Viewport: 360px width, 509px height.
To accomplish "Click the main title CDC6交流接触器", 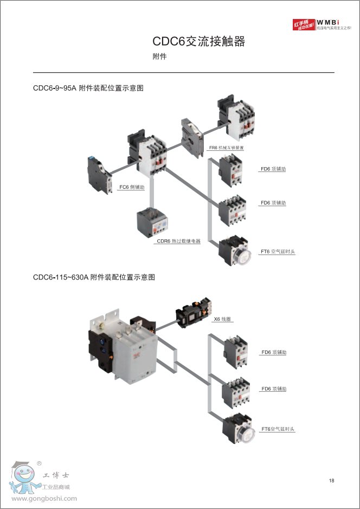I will [198, 42].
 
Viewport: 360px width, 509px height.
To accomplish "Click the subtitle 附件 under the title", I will [159, 56].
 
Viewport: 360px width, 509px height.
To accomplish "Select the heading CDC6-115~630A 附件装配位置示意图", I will [94, 277].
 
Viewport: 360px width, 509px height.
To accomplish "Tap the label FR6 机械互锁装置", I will [226, 148].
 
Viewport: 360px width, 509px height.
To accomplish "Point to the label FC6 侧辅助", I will [132, 187].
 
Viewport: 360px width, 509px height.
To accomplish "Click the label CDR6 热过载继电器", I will [178, 241].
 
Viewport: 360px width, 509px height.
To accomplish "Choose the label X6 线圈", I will [222, 319].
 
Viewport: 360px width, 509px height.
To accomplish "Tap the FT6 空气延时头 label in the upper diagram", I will [278, 252].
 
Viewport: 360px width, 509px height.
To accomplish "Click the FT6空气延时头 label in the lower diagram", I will [278, 429].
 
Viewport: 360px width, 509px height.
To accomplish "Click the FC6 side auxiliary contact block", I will [99, 173].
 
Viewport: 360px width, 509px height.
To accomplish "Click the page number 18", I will [331, 481].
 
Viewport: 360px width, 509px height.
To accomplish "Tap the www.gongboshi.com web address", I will [44, 499].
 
